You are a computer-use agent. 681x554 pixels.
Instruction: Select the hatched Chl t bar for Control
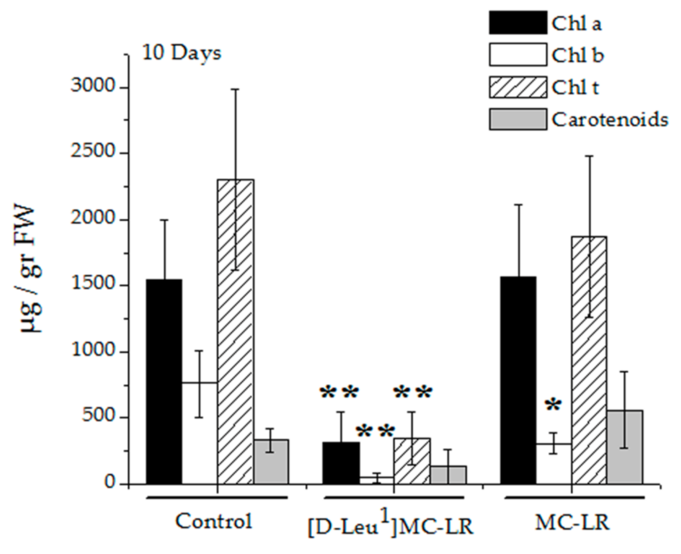click(x=236, y=331)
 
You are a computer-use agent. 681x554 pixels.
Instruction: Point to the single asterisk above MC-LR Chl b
click(x=553, y=406)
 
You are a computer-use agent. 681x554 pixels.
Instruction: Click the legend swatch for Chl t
click(x=518, y=87)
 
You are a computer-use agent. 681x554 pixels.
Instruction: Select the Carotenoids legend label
click(x=610, y=119)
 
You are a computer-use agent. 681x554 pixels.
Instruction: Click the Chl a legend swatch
click(x=518, y=23)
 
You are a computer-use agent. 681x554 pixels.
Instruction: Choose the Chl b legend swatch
click(x=518, y=55)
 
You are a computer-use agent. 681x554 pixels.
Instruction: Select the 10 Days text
click(x=182, y=53)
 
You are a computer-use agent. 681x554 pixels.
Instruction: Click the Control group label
click(x=214, y=521)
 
